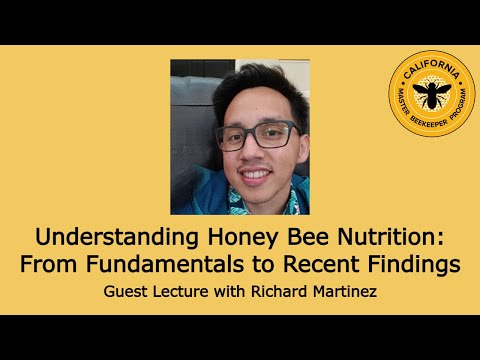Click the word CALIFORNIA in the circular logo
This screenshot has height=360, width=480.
(x=432, y=67)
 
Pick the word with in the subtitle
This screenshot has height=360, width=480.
(x=232, y=295)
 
